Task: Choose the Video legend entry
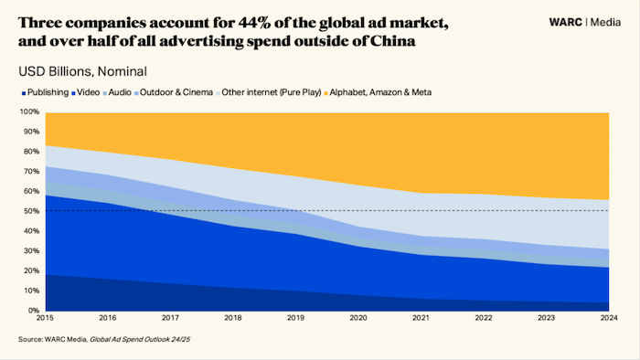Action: [x=88, y=92]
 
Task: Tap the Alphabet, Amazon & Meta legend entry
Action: [x=384, y=92]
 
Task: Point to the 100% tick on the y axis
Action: [x=29, y=112]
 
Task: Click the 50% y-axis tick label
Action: [x=31, y=211]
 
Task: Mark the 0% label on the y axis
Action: [x=33, y=311]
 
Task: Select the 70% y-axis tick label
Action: [x=31, y=172]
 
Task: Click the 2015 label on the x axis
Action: [x=45, y=319]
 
